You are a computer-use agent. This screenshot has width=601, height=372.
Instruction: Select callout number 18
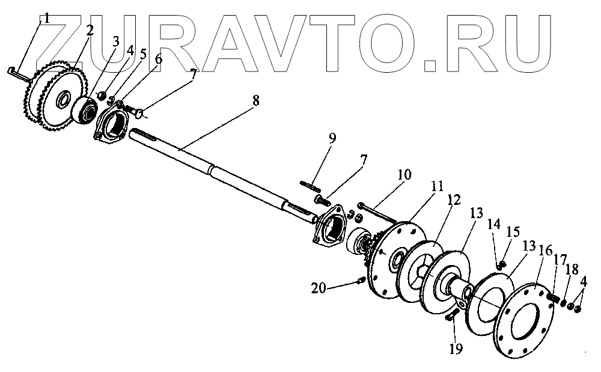pos(570,268)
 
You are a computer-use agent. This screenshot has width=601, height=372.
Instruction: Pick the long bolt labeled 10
pos(376,211)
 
